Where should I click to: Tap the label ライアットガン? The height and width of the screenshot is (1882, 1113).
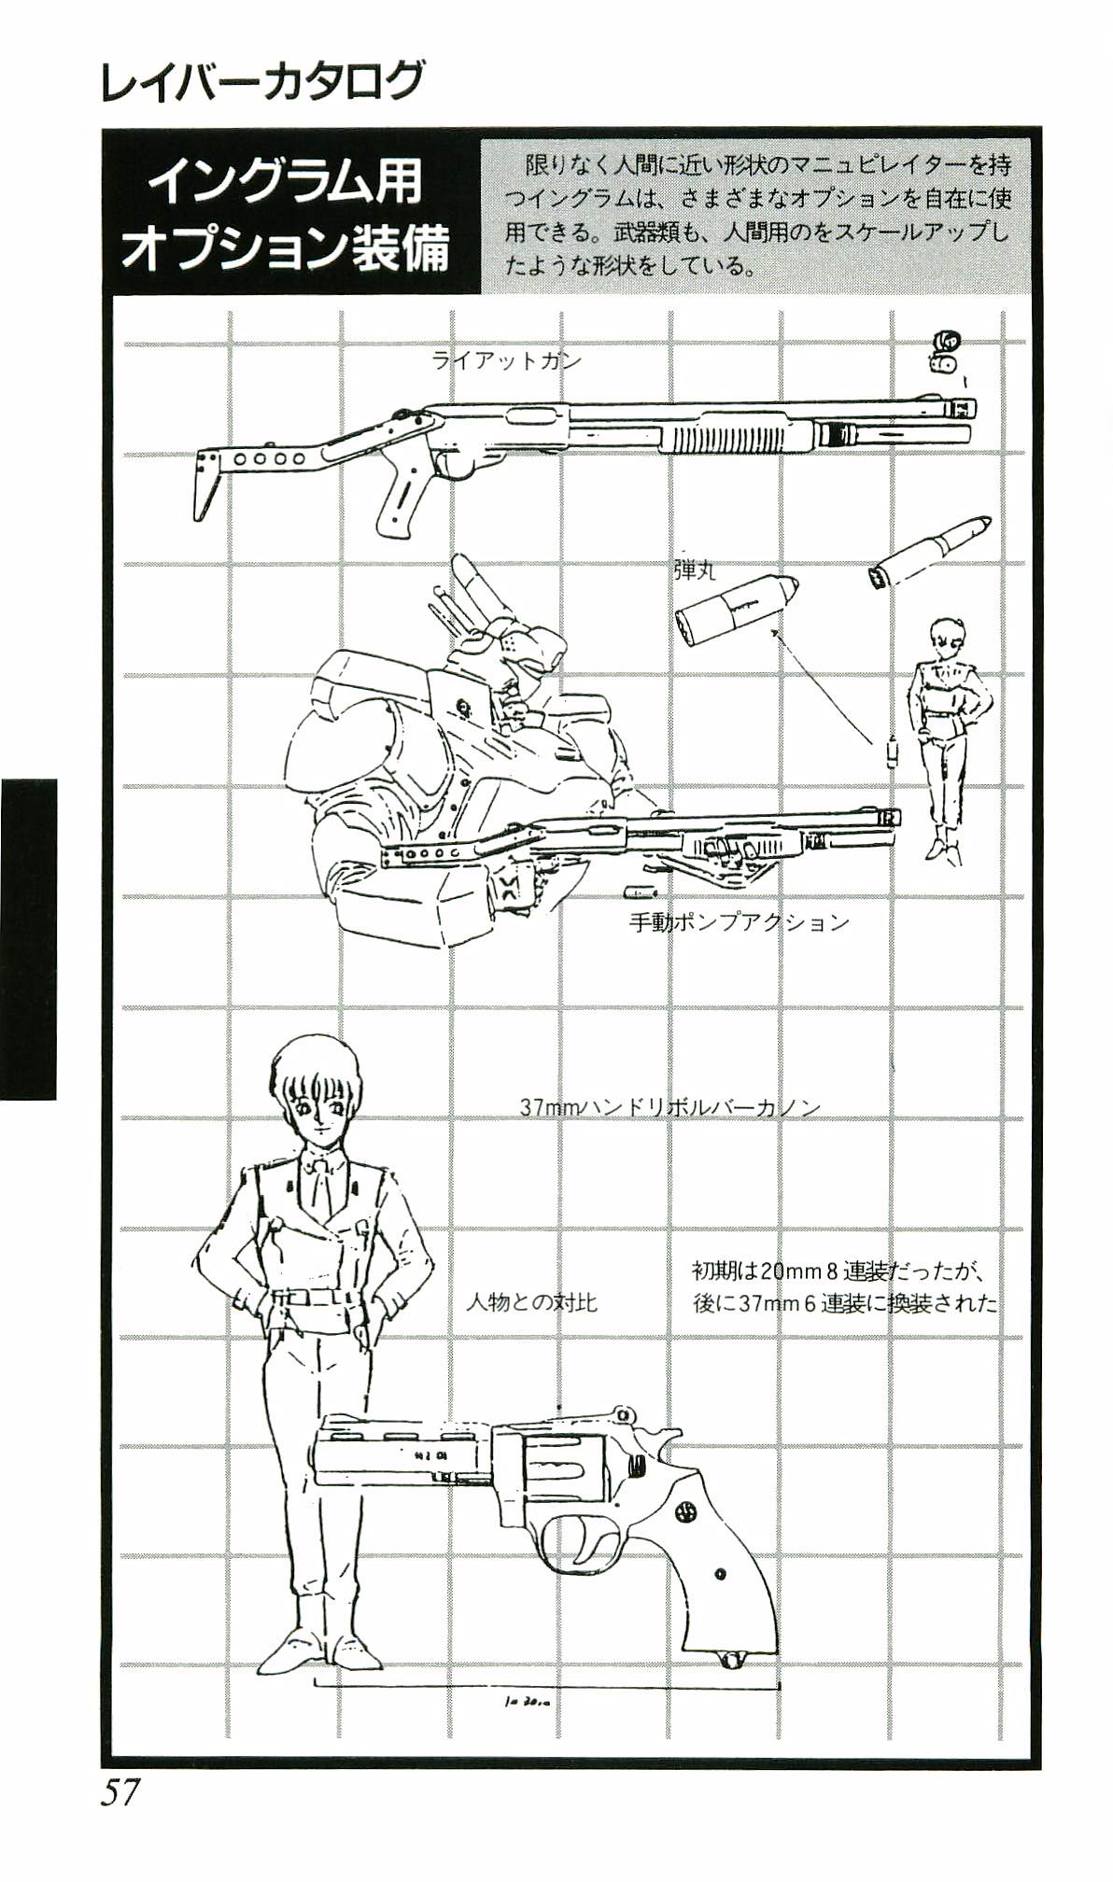click(x=506, y=360)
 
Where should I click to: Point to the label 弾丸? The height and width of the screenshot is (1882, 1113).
click(x=694, y=569)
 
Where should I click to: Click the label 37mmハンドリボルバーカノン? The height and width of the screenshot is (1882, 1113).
click(x=669, y=1107)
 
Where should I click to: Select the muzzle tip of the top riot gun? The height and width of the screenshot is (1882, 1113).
click(x=962, y=407)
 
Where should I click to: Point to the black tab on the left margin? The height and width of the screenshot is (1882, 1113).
click(x=28, y=939)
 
